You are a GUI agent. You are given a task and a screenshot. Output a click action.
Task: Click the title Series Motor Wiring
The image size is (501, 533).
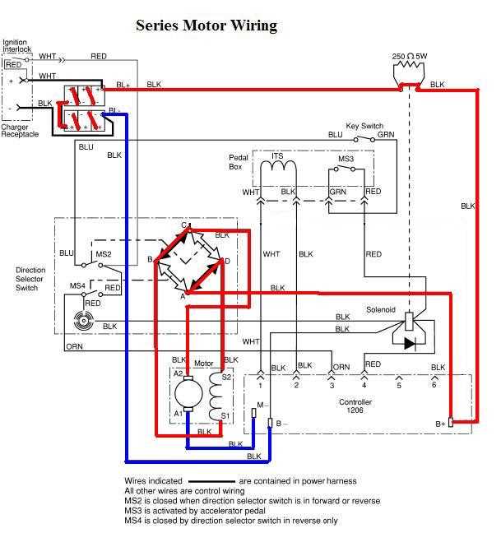(x=206, y=25)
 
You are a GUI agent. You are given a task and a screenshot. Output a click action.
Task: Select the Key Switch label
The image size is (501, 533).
(x=364, y=126)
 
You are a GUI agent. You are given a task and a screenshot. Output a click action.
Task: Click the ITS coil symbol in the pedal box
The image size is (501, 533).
(x=278, y=167)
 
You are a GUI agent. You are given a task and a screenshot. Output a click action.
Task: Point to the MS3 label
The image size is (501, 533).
(x=346, y=158)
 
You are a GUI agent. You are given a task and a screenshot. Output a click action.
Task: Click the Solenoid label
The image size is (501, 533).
(x=381, y=310)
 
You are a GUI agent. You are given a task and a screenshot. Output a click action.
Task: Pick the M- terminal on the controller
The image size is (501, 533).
(x=261, y=406)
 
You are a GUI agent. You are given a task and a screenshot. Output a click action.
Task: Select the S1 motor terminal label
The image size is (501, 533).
(x=224, y=415)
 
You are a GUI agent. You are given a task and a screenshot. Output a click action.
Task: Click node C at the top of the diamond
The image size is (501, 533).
(x=185, y=225)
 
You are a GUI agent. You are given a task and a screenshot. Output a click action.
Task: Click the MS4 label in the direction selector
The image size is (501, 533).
(x=76, y=285)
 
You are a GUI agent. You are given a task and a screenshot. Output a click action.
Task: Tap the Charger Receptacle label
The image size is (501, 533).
(x=19, y=130)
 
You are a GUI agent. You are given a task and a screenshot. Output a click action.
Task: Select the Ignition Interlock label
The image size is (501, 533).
(x=16, y=44)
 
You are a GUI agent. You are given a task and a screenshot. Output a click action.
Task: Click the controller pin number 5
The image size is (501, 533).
(x=399, y=385)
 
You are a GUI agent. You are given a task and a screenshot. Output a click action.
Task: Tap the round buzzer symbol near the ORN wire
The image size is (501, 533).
(x=81, y=323)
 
